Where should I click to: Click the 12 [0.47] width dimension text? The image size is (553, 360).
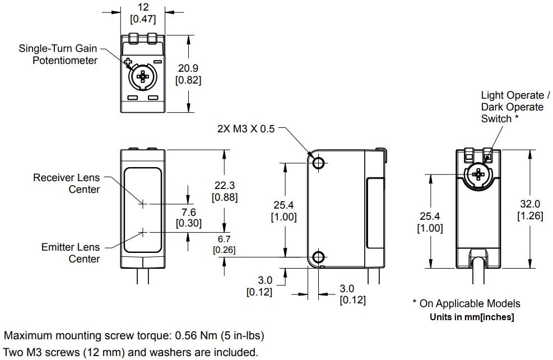click(x=143, y=13)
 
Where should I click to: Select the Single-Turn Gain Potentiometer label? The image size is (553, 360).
click(x=58, y=54)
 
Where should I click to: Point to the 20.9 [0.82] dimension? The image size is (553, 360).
click(x=188, y=74)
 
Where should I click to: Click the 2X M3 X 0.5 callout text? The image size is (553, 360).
click(x=246, y=128)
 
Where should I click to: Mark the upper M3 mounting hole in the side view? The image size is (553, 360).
click(x=318, y=163)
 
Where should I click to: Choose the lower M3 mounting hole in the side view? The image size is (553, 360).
click(x=318, y=257)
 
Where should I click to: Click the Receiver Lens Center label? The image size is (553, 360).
click(x=66, y=183)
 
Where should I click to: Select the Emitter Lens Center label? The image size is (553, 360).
click(x=70, y=253)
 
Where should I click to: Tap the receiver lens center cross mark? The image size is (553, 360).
click(x=143, y=204)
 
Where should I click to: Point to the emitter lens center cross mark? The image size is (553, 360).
click(x=143, y=232)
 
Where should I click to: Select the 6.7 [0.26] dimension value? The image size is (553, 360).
click(x=224, y=244)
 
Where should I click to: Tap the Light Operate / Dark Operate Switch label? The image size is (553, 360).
click(x=512, y=107)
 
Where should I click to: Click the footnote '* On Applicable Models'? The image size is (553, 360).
click(x=466, y=303)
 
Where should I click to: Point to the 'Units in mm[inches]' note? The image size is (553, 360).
click(x=472, y=317)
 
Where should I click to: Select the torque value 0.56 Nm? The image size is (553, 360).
click(x=196, y=336)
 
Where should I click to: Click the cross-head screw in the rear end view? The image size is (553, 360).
click(x=478, y=174)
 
